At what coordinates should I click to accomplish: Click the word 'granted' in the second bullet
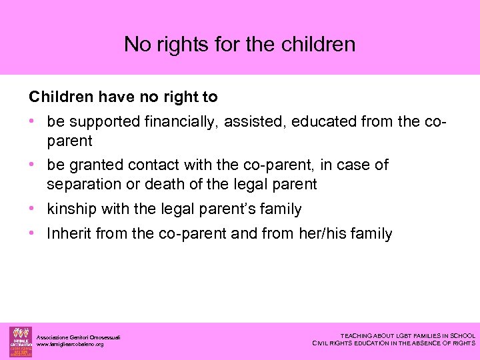coord(94,165)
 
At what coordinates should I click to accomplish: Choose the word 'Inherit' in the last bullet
coord(69,234)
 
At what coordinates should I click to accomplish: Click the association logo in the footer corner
coord(20,341)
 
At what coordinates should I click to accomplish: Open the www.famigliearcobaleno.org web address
coord(70,345)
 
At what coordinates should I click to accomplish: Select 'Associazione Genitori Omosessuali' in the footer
coord(78,337)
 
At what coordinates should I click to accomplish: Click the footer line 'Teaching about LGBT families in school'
coord(407,336)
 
